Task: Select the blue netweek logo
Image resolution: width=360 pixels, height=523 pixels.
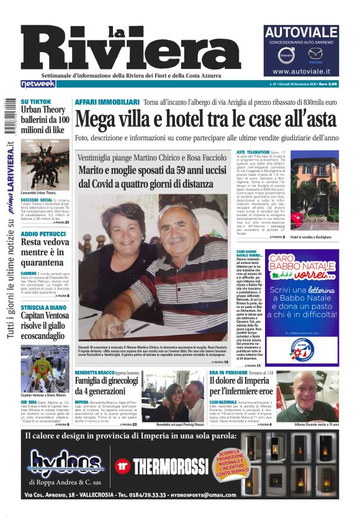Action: point(38,83)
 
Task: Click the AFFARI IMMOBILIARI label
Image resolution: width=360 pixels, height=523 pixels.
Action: point(107,101)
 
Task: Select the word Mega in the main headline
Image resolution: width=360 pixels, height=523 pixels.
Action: point(101,119)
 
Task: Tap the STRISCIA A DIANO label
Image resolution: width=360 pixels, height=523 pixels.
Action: point(45,307)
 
